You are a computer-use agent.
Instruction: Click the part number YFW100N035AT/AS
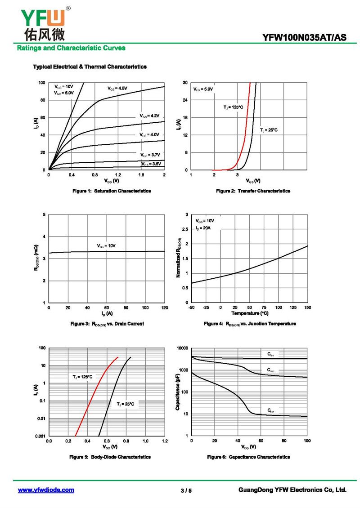(305, 38)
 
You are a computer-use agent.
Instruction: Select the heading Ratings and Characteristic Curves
(71, 48)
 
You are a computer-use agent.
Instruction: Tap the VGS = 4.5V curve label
(118, 88)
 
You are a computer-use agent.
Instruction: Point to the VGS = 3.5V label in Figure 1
(151, 164)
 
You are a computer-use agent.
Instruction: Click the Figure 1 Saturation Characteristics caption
(112, 191)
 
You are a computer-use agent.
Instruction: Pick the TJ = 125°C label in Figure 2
(233, 107)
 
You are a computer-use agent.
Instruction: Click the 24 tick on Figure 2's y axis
(185, 100)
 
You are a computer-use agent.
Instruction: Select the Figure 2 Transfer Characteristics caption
(253, 191)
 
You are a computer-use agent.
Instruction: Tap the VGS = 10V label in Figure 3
(106, 246)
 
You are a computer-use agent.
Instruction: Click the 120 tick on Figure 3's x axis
(164, 307)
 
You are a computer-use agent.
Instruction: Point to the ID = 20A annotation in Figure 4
(202, 228)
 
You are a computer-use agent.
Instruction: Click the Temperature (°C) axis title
(250, 313)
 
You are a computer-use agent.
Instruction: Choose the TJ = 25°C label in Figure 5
(126, 404)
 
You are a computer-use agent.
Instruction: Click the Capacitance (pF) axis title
(178, 392)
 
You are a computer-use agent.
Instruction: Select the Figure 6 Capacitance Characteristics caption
(248, 457)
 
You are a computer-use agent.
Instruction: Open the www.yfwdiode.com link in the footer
(46, 490)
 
